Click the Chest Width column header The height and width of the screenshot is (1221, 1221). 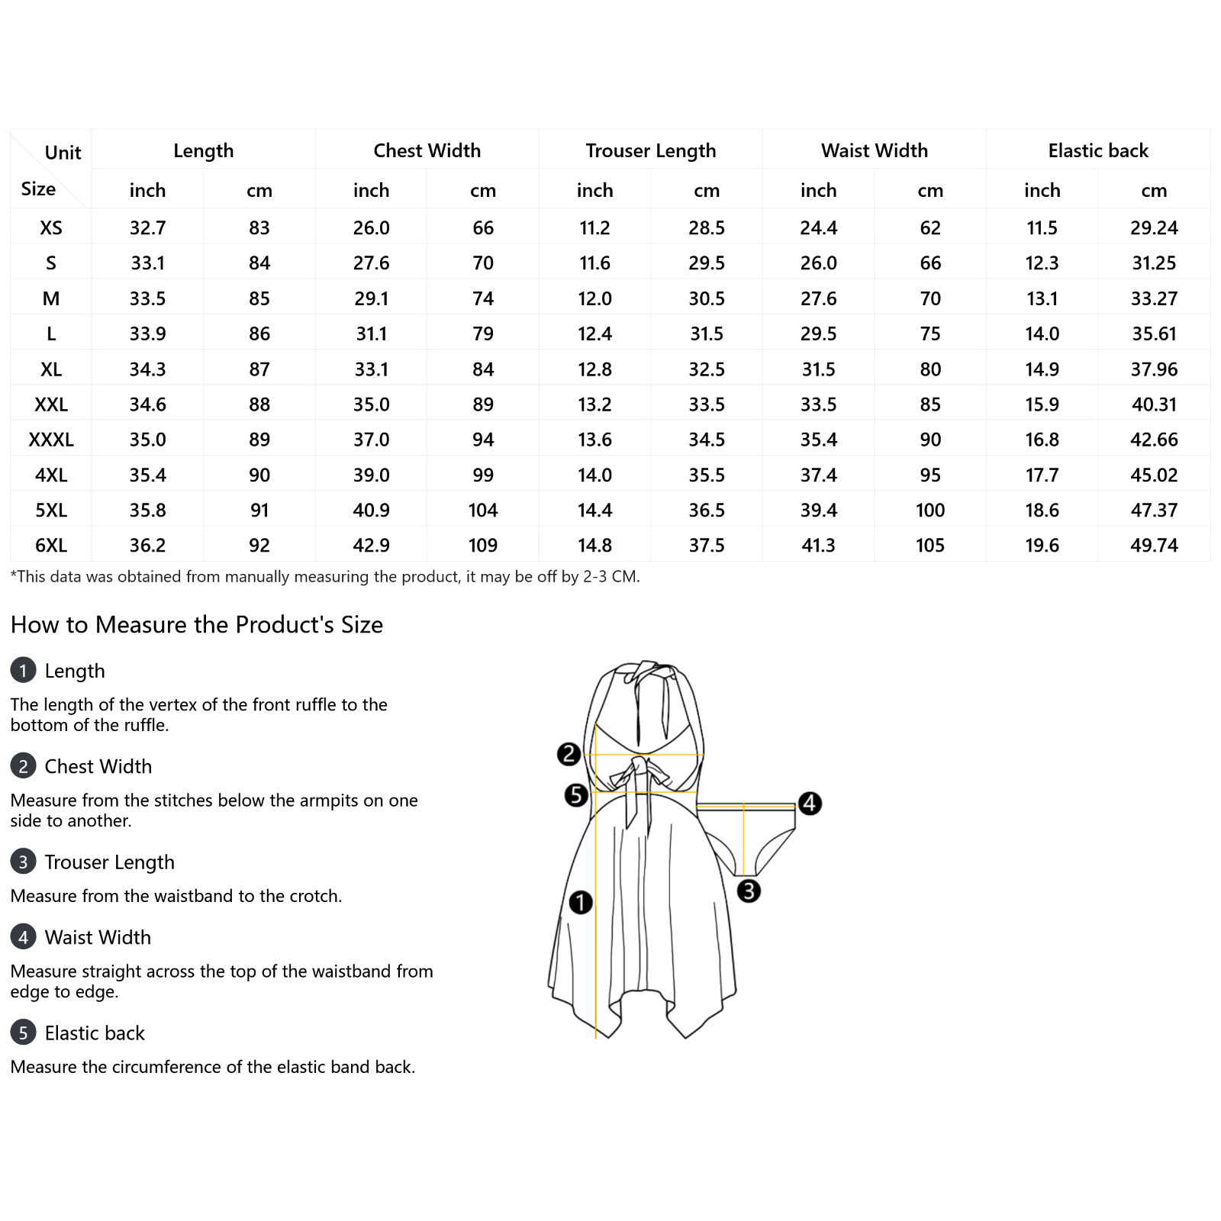(x=427, y=150)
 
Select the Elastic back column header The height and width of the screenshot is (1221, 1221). (x=1098, y=150)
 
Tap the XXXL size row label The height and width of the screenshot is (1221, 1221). (x=51, y=440)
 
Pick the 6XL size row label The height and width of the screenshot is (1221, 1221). (x=51, y=545)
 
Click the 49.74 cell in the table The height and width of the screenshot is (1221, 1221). (x=1154, y=545)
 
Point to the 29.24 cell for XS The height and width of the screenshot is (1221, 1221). (x=1154, y=227)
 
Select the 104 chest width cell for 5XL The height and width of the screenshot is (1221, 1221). (x=483, y=510)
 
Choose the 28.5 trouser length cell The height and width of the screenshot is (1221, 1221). (x=707, y=227)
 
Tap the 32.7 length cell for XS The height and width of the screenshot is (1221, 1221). (x=147, y=227)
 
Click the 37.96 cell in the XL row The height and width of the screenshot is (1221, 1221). (x=1154, y=369)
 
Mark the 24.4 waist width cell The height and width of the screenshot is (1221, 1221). (x=819, y=227)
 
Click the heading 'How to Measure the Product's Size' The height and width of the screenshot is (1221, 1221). (x=197, y=624)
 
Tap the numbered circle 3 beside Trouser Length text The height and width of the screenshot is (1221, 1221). (x=23, y=862)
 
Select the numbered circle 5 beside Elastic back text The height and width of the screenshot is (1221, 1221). (x=23, y=1033)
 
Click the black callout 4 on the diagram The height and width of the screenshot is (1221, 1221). (x=810, y=803)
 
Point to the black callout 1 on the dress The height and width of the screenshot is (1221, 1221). (x=581, y=902)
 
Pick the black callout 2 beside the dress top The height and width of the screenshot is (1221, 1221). (x=569, y=754)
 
